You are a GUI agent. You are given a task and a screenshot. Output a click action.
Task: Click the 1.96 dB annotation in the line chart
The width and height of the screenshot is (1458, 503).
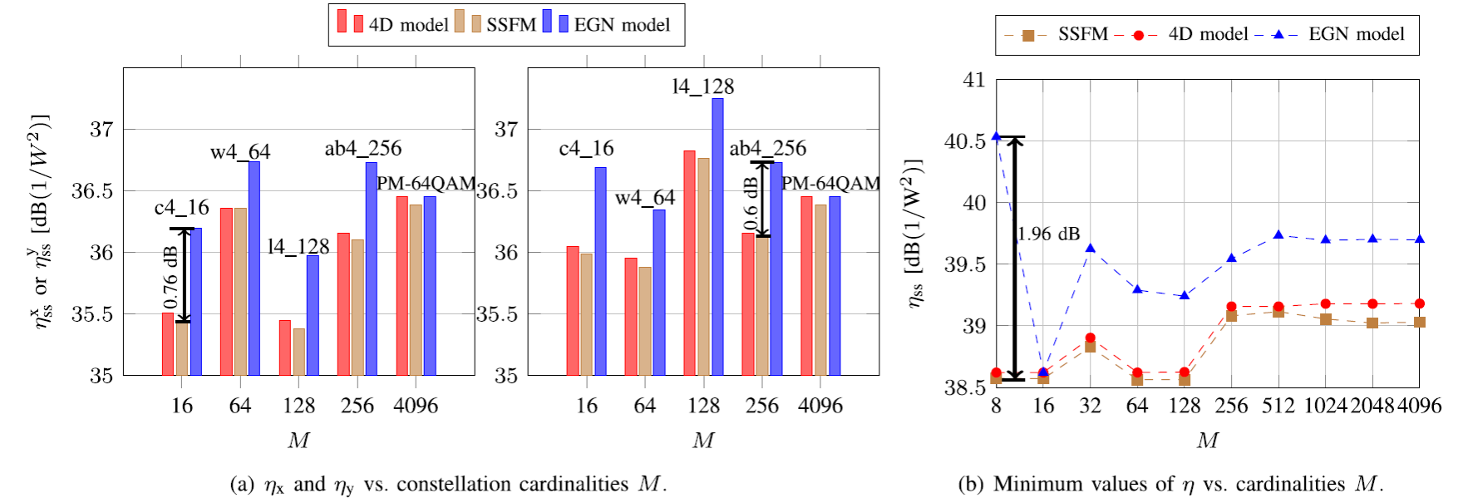coord(1048,234)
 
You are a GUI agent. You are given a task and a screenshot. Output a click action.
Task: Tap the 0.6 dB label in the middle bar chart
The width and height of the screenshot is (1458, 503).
coord(751,203)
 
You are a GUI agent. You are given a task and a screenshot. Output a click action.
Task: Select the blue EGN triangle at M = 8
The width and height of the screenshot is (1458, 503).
coord(996,136)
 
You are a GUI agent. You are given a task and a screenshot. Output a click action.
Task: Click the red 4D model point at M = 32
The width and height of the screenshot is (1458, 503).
coord(1090,338)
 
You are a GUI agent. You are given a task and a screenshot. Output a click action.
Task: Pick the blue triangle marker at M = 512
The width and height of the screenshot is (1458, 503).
coord(1278,235)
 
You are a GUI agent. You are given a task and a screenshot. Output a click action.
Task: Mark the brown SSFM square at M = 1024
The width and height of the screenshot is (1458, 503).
coord(1325,319)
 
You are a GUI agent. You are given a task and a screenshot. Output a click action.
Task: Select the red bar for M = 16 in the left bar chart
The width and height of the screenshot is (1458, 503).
coord(168,343)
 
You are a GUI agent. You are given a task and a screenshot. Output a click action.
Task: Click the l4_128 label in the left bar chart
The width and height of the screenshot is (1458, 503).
coord(298,247)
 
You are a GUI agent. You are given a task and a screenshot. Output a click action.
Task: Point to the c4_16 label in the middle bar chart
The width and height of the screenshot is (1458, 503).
coord(586,149)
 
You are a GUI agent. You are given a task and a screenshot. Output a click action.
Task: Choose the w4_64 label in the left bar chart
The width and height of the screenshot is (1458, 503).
coord(240,152)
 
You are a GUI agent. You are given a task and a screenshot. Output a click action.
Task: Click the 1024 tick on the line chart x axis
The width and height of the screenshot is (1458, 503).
coord(1325,406)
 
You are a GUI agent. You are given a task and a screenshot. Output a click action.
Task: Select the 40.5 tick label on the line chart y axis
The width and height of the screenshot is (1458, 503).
coord(965,141)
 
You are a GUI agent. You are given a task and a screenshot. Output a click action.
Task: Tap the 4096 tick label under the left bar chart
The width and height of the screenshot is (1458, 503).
coord(416,406)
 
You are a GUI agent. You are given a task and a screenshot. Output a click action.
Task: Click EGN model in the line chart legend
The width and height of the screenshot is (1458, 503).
coord(1356,35)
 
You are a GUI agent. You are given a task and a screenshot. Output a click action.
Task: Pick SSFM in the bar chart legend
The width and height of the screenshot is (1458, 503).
coord(510,25)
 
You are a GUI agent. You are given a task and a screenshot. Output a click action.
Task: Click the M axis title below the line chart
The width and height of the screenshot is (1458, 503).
coord(1207,441)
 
